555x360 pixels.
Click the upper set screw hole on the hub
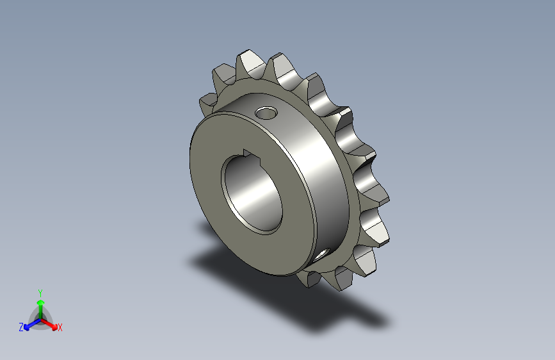click(x=266, y=113)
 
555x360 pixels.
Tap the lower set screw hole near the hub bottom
click(x=321, y=254)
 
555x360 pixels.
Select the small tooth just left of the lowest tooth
click(x=309, y=278)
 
